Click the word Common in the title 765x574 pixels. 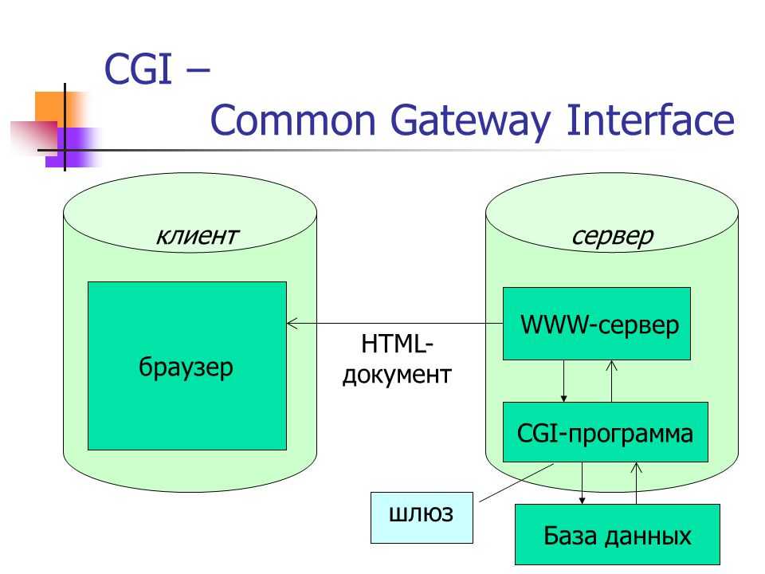292,120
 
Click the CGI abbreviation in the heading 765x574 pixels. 138,69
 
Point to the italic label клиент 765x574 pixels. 197,236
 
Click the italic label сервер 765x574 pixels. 612,237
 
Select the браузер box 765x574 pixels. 186,366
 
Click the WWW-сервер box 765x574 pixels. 597,324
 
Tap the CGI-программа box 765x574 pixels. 606,432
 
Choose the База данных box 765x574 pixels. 618,534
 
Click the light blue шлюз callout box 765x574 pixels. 422,517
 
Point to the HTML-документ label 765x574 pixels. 397,360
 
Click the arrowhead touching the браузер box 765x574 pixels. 292,323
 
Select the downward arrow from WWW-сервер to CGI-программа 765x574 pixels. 564,381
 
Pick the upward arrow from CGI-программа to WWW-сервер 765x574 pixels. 611,381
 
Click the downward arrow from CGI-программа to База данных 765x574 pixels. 582,483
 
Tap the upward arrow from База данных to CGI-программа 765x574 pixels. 636,483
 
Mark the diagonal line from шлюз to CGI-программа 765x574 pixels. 516,483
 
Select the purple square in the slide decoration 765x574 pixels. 73,147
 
